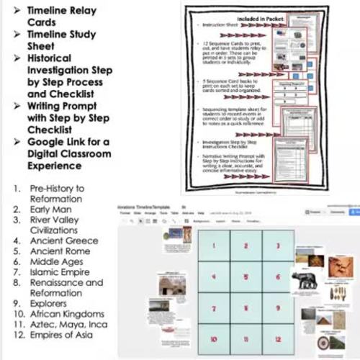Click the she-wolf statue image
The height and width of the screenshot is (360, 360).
click(307, 281)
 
